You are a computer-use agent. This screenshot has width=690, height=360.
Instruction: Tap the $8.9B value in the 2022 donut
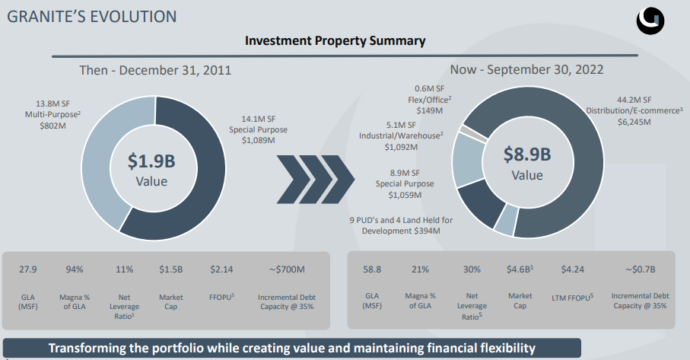point(527,155)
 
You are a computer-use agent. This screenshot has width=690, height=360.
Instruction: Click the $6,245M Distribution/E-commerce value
point(640,121)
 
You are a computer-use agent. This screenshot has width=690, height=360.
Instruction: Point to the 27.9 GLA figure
point(27,269)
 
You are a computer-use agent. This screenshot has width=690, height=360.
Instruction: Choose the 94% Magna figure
point(75,269)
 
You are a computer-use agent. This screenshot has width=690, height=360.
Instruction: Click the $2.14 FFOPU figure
point(220,269)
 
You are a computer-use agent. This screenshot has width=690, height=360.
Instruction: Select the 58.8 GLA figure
point(374,269)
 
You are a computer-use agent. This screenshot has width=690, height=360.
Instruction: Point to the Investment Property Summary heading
point(335,40)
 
